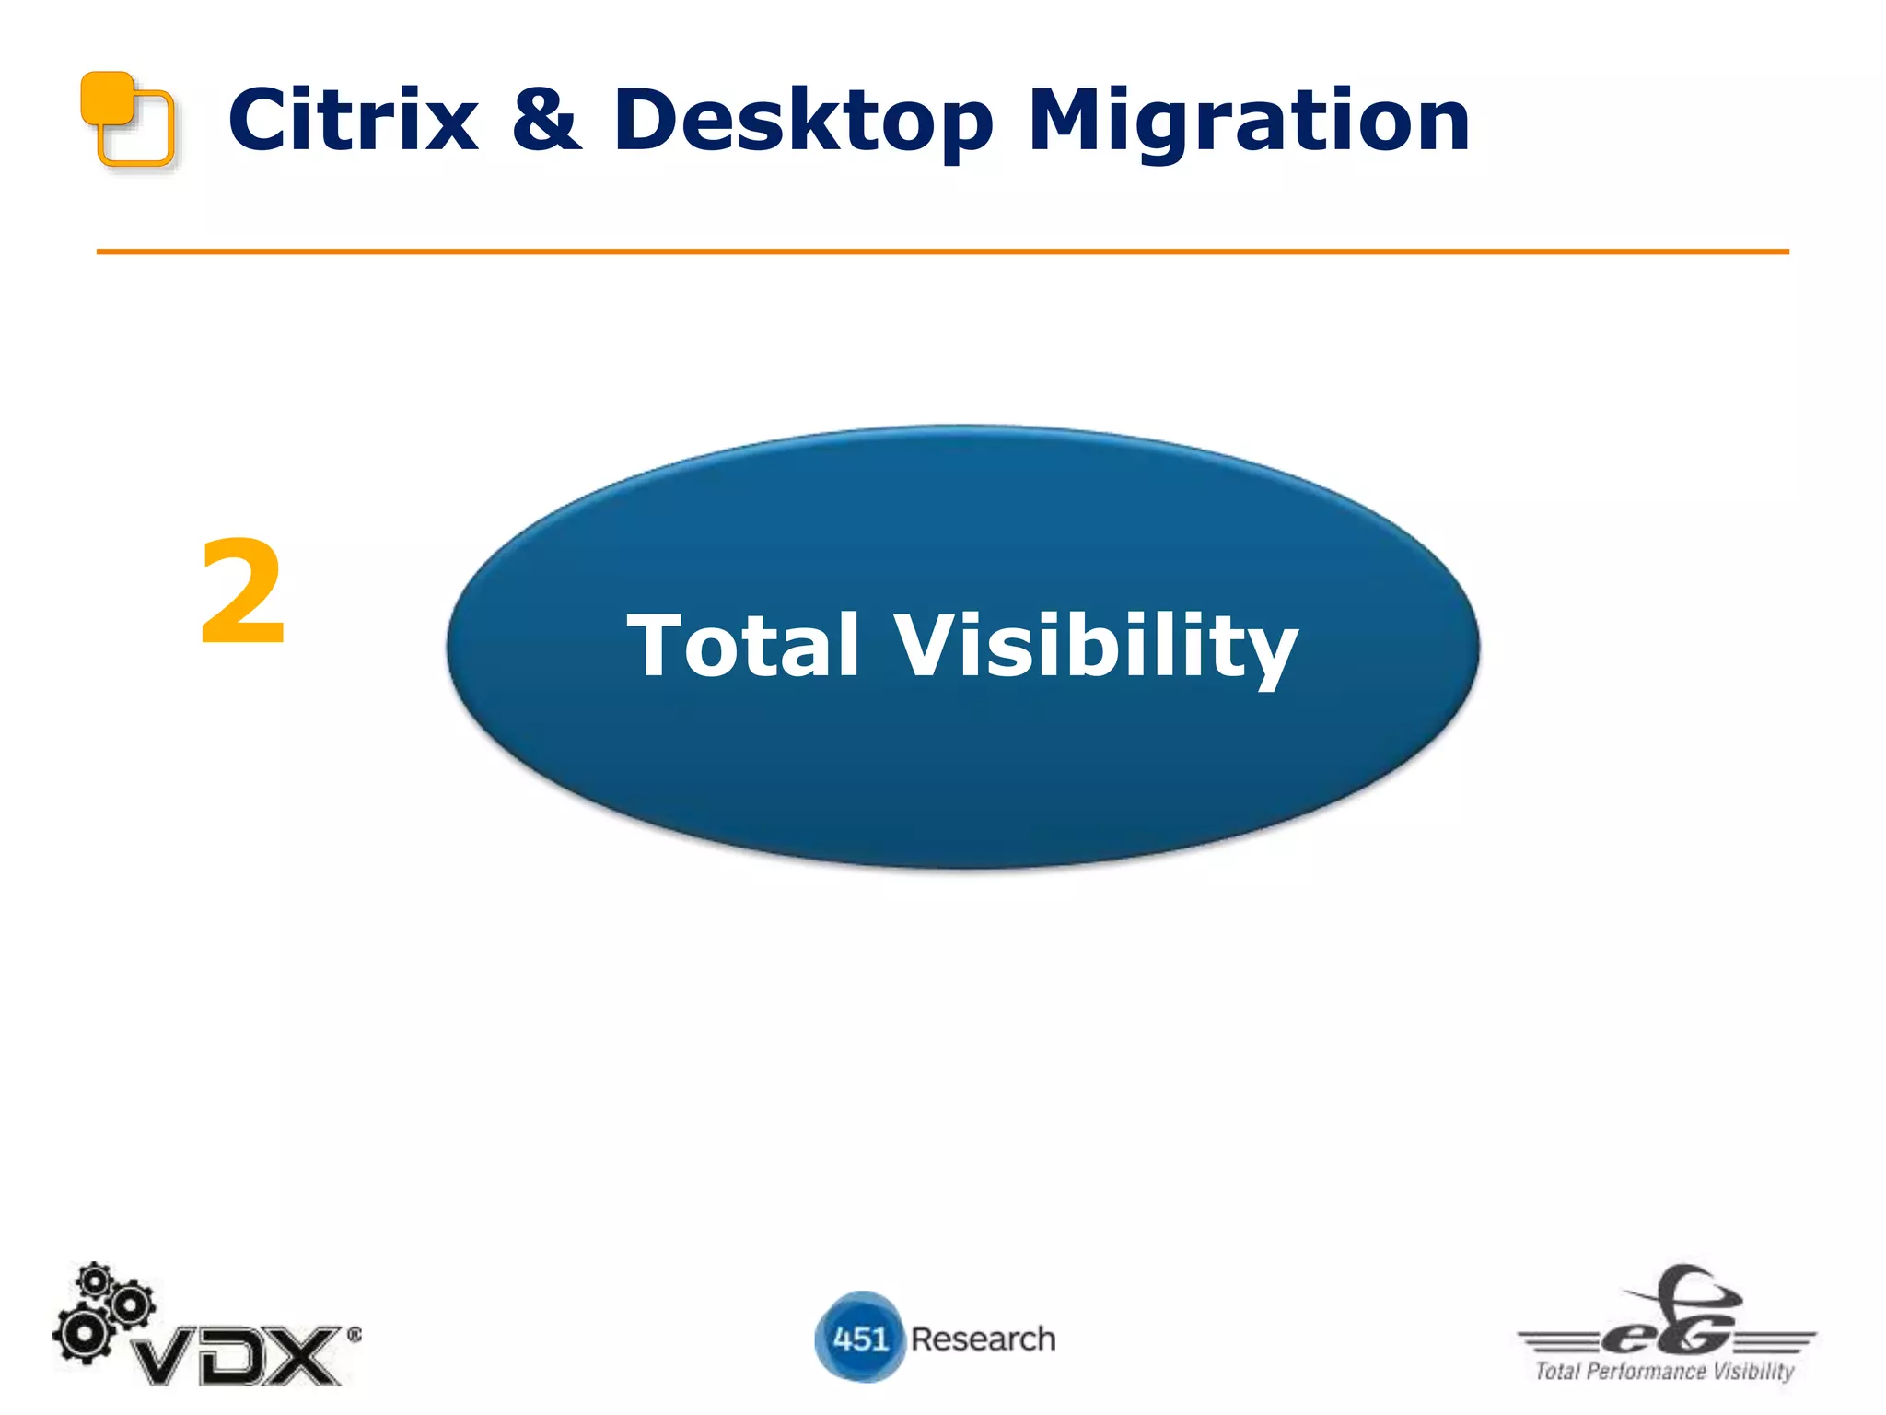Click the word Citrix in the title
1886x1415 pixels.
[353, 121]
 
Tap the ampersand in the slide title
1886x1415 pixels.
[547, 121]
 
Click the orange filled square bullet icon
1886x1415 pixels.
[105, 96]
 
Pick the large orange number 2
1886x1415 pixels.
[242, 593]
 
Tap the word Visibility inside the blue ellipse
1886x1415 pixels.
[1095, 648]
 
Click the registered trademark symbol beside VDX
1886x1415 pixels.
[354, 1335]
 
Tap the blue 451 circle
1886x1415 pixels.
[859, 1338]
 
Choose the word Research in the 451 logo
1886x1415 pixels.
[983, 1339]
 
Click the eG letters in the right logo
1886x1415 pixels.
[1667, 1335]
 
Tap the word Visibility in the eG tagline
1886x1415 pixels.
[1753, 1372]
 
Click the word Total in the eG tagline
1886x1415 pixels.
[1557, 1372]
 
